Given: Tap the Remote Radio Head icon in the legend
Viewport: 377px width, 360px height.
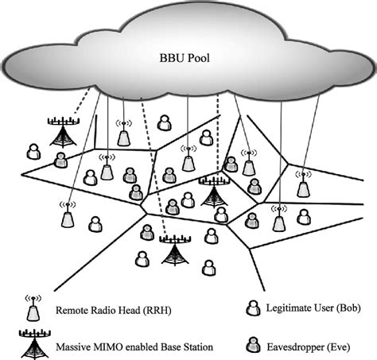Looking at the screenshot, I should click(x=33, y=311).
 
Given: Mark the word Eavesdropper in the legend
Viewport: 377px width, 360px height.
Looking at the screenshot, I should click(x=301, y=346).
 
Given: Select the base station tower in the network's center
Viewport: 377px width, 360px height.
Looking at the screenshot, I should click(x=213, y=190).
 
